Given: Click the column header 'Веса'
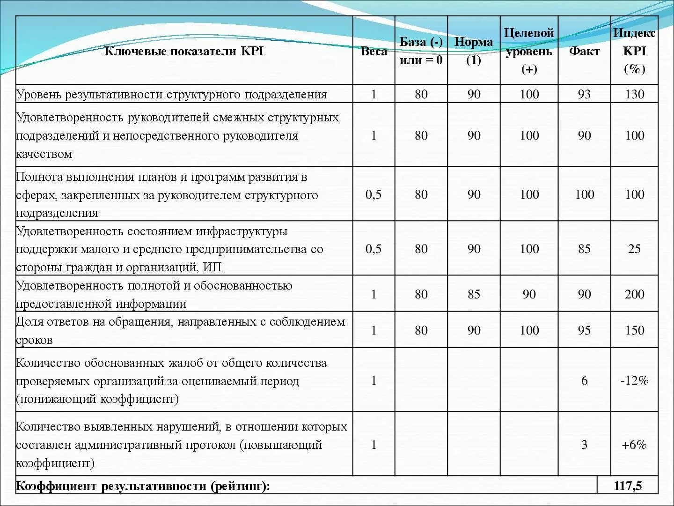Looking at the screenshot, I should [374, 51].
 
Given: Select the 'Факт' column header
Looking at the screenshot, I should [584, 51].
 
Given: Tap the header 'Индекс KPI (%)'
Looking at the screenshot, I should [634, 51].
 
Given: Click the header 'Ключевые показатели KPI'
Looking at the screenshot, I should [184, 51].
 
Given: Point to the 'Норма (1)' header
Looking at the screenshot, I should [474, 51].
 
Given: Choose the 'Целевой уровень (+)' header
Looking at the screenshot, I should [529, 51].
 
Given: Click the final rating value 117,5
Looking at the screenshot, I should [628, 486].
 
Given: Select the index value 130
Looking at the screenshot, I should [634, 94].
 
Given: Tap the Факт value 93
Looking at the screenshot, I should [584, 94].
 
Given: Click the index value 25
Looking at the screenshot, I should [634, 249].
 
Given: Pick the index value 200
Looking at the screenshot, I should [634, 294].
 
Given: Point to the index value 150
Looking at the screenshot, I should [634, 330].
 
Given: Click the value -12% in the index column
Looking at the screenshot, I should [634, 380].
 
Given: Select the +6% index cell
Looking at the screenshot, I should [634, 445].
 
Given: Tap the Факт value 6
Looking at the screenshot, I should [584, 380].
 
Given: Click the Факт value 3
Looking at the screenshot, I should [584, 445].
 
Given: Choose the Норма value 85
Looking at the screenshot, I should [474, 294].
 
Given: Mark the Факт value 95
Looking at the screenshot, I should [584, 330].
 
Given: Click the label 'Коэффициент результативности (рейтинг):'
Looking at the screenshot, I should [143, 486].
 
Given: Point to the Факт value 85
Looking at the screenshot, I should [584, 249].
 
